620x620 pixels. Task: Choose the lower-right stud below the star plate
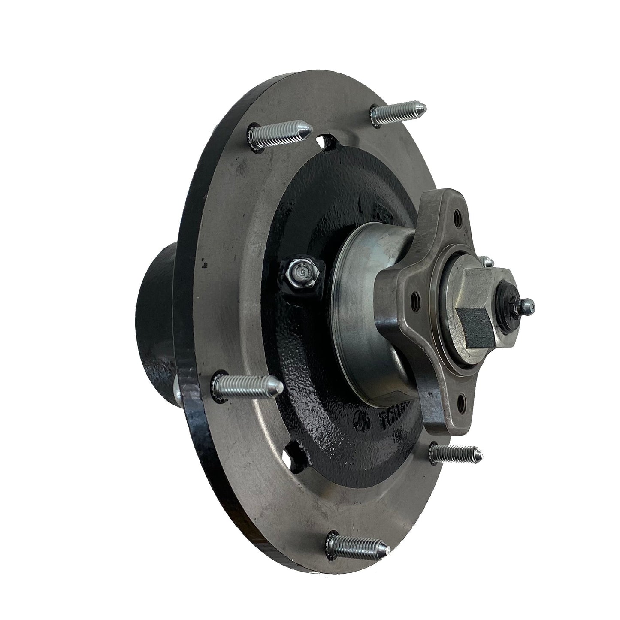(x=455, y=452)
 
